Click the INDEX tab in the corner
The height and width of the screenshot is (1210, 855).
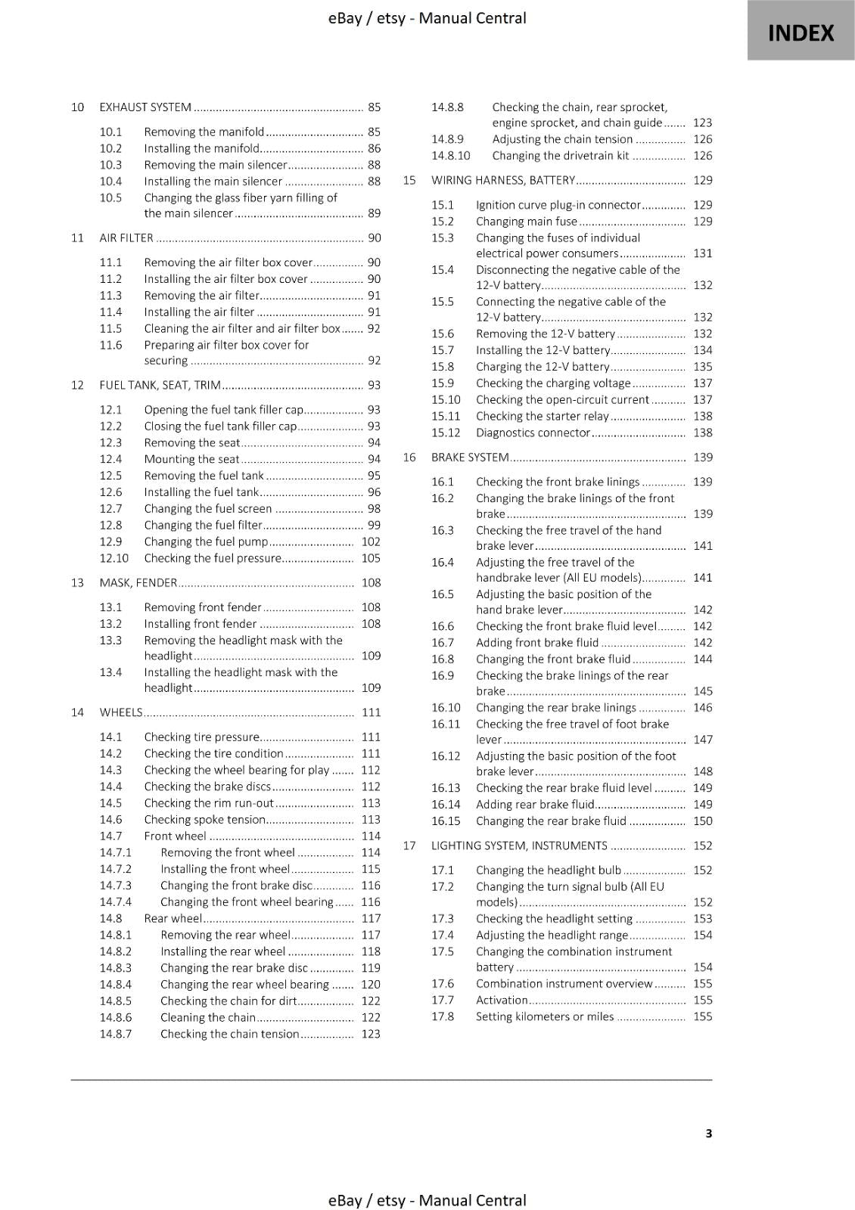[801, 32]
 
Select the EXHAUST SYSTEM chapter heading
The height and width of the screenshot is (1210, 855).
[145, 107]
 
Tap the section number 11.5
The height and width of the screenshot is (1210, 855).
[110, 328]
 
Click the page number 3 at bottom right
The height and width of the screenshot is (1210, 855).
[708, 1133]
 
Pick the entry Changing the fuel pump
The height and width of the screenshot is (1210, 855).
[206, 541]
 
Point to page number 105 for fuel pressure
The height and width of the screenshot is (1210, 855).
[371, 558]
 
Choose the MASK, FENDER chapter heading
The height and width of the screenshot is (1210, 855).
[138, 582]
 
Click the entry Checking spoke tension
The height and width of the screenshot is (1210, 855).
[204, 819]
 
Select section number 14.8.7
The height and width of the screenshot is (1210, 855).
[115, 1034]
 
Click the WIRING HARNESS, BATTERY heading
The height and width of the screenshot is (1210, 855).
[503, 180]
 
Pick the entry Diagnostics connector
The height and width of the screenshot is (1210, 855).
[533, 433]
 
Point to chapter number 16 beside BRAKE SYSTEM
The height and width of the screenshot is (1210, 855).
[409, 458]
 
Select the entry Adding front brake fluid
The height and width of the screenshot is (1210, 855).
[537, 643]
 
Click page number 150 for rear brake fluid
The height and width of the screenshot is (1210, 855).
[702, 821]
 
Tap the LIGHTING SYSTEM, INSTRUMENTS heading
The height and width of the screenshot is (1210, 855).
[519, 845]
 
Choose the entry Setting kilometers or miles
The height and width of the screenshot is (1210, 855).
[545, 1016]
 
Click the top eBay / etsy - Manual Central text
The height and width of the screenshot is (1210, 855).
[427, 18]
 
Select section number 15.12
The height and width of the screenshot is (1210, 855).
[446, 433]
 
